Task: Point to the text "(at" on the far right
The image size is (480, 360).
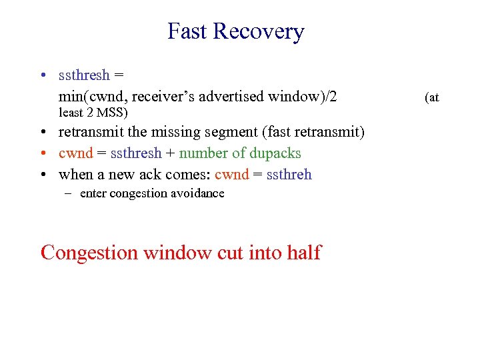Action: (x=432, y=97)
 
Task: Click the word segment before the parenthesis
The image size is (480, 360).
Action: (x=226, y=132)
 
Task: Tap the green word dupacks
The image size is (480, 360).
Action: (x=275, y=153)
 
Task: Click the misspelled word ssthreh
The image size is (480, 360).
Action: (x=289, y=175)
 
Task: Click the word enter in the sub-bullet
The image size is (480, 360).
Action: (x=93, y=193)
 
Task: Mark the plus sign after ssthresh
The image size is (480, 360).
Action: (x=171, y=153)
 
